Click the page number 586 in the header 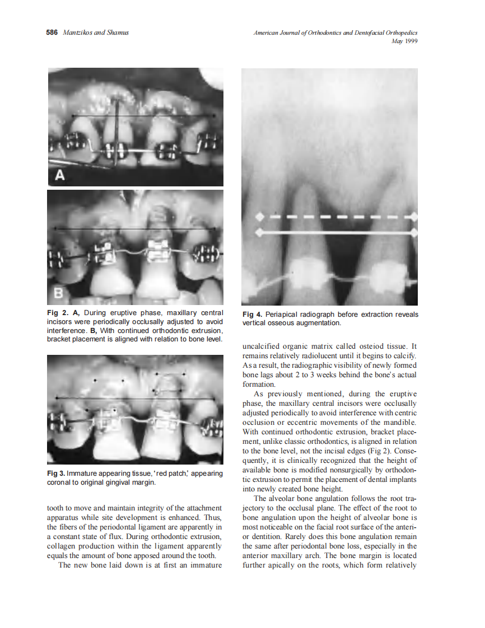[52, 32]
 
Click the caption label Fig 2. [57, 313]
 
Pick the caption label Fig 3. [56, 474]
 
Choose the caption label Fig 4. [252, 315]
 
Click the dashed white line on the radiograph [336, 216]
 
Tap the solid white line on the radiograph [336, 232]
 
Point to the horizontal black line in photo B [134, 229]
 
